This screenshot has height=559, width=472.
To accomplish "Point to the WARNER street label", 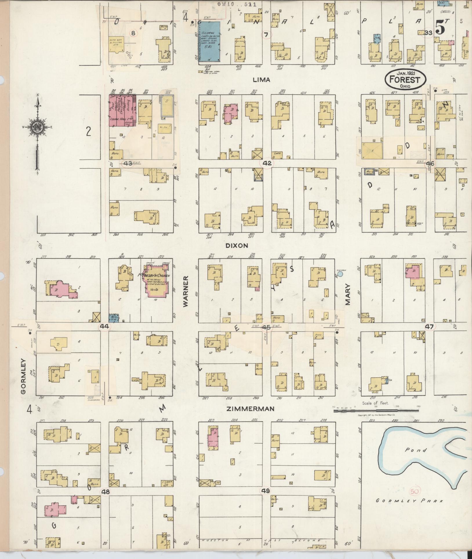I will [186, 291].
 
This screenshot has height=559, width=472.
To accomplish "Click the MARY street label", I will [348, 294].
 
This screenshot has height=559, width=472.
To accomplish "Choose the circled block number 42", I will [267, 163].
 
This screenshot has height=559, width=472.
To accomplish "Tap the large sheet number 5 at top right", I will [440, 28].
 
